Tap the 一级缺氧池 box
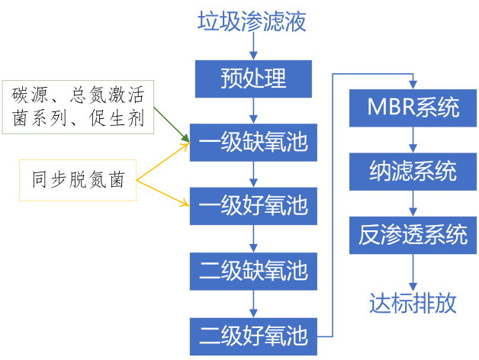(x=252, y=142)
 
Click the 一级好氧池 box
(x=252, y=206)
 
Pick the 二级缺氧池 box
(x=252, y=271)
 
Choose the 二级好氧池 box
(x=252, y=335)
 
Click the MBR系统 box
(x=413, y=108)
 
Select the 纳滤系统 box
(x=413, y=172)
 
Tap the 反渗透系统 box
(x=413, y=236)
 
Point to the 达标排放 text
(x=413, y=304)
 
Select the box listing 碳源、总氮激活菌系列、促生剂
(x=78, y=106)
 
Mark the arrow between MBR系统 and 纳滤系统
(x=413, y=140)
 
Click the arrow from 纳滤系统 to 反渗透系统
(x=413, y=204)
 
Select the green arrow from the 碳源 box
(x=171, y=123)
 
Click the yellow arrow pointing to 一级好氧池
(x=163, y=192)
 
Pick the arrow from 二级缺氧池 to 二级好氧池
(x=252, y=303)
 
